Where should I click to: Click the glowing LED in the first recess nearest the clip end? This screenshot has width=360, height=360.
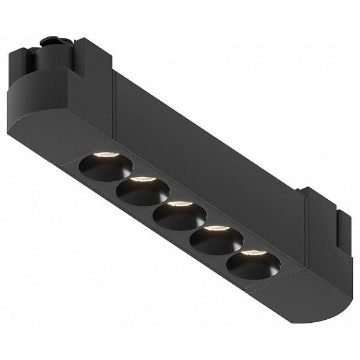[x=107, y=155]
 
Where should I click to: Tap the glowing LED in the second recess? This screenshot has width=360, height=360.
[x=143, y=179]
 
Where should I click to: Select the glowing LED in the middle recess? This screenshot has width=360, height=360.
[x=179, y=204]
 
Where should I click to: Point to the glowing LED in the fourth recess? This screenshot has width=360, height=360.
[x=216, y=228]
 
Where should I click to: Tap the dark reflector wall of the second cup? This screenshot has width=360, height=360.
[x=142, y=195]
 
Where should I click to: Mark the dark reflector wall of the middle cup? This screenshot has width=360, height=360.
[x=178, y=220]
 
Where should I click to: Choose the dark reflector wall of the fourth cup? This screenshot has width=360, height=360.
[x=214, y=244]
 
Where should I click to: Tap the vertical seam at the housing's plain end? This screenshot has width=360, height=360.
[x=307, y=228]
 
